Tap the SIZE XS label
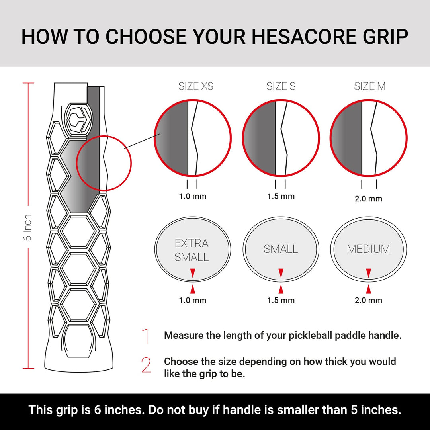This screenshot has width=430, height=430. pyautogui.click(x=195, y=86)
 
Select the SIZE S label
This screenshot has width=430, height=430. pyautogui.click(x=281, y=86)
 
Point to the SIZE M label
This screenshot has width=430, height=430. pyautogui.click(x=369, y=86)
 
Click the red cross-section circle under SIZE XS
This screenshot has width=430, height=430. pyautogui.click(x=193, y=138)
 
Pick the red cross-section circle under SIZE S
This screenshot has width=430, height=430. pyautogui.click(x=281, y=138)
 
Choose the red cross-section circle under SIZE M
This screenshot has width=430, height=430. pyautogui.click(x=369, y=138)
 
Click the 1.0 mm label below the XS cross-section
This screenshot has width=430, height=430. pyautogui.click(x=193, y=196)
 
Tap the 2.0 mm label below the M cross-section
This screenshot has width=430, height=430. pyautogui.click(x=368, y=199)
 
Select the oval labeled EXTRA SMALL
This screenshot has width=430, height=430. pyautogui.click(x=193, y=249)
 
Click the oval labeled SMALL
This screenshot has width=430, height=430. pyautogui.click(x=281, y=249)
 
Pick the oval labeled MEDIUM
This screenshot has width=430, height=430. pyautogui.click(x=369, y=249)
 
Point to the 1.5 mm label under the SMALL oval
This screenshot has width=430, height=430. pyautogui.click(x=281, y=300)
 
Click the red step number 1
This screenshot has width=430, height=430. pyautogui.click(x=146, y=336)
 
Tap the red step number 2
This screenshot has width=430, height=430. pyautogui.click(x=147, y=365)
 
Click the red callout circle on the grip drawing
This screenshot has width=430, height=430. pyautogui.click(x=104, y=163)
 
